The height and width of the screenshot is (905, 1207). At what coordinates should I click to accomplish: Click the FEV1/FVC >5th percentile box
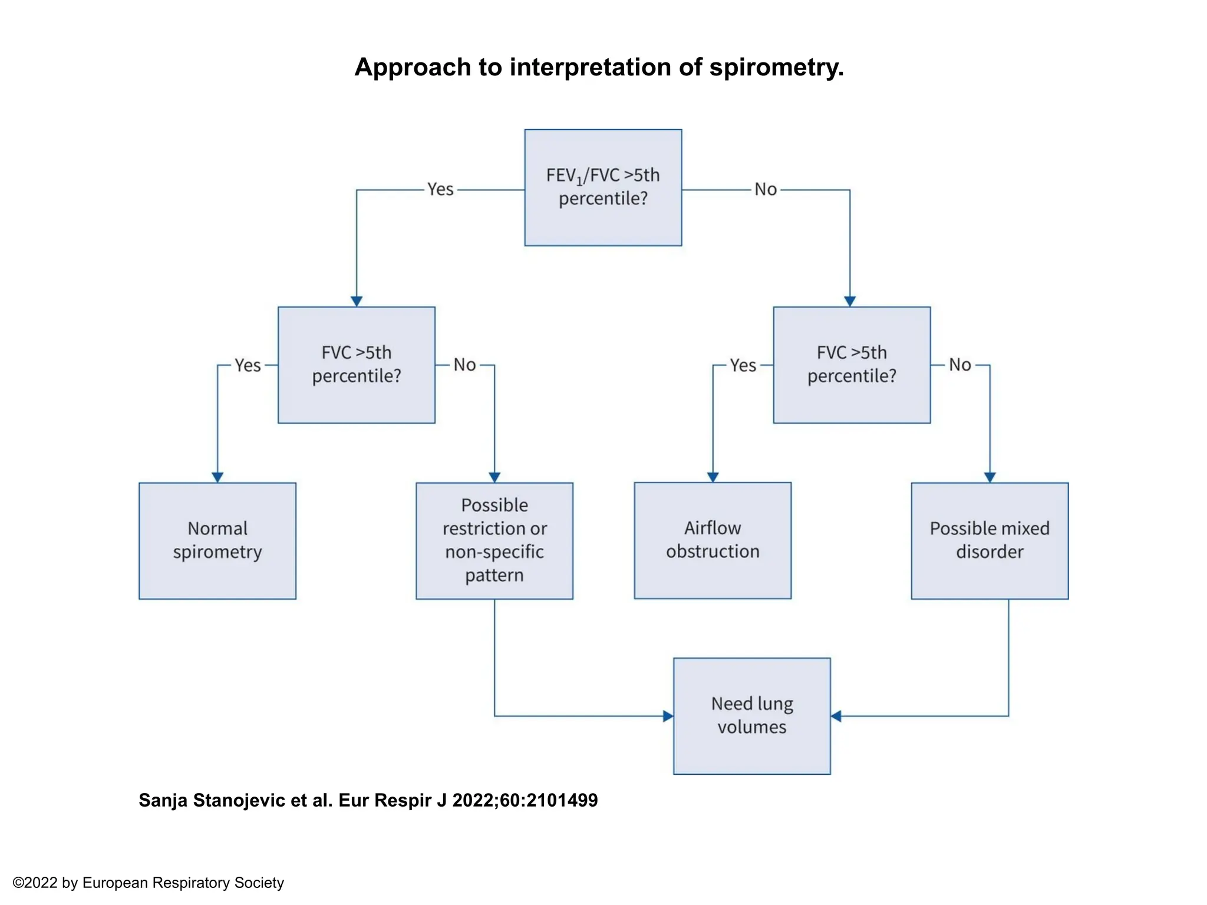[603, 187]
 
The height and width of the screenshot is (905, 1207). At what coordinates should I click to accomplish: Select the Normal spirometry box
[217, 541]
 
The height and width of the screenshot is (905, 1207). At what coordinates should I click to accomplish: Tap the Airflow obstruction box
[713, 540]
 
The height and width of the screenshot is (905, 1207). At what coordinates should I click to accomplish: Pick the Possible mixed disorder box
[990, 541]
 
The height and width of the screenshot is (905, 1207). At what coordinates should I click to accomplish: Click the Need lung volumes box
[752, 716]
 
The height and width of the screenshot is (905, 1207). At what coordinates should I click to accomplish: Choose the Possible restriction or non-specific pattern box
[494, 541]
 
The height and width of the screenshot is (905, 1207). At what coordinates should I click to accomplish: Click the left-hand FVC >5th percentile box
[357, 365]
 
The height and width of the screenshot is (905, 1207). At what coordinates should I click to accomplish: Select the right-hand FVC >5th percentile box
[852, 365]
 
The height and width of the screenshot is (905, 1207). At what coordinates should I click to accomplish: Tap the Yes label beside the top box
[440, 189]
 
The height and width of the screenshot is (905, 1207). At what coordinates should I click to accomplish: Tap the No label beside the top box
[766, 189]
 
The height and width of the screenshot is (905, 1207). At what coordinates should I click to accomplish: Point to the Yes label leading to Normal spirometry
[248, 365]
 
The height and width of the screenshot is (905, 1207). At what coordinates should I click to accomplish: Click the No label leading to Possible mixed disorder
[960, 365]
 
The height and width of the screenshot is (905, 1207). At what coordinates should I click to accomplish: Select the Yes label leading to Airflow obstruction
[743, 365]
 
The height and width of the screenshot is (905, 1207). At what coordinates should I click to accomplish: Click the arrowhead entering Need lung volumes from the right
[836, 716]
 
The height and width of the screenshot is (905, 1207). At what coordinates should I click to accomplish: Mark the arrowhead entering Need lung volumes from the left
[668, 716]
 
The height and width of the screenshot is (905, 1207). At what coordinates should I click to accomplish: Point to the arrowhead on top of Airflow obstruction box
[713, 477]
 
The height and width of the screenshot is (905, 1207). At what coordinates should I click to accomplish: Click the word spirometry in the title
[776, 67]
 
